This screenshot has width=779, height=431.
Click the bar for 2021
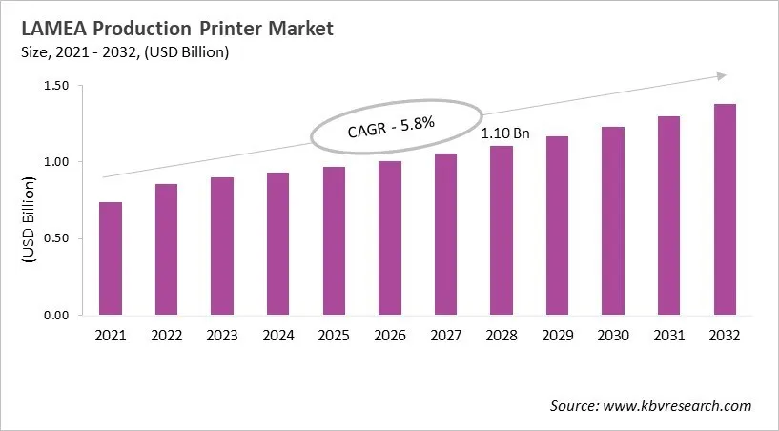[110, 258]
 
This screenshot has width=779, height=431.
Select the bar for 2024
[277, 243]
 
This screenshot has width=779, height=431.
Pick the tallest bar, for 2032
[725, 209]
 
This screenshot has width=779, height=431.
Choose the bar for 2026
[389, 237]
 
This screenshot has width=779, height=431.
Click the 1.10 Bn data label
[504, 133]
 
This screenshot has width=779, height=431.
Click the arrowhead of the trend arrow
[722, 76]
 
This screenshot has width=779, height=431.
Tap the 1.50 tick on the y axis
[56, 86]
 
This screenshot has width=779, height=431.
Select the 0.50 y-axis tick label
[56, 238]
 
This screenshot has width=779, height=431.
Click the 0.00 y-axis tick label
[56, 315]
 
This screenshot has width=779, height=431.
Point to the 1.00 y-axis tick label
[56, 162]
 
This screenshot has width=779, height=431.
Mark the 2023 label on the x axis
[221, 335]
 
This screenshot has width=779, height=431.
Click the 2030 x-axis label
[613, 335]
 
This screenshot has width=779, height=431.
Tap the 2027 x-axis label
[445, 335]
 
